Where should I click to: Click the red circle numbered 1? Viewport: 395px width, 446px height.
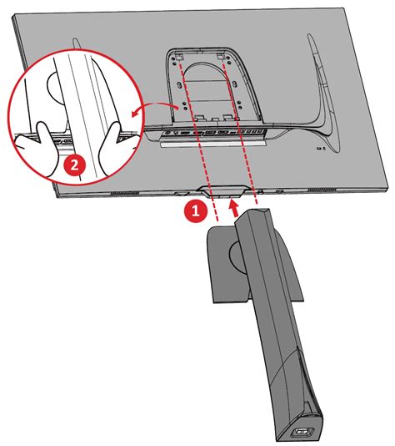195,211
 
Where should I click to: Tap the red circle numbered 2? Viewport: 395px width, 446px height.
74,165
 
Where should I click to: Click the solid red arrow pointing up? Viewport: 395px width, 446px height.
234,208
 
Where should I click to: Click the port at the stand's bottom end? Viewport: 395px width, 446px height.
302,433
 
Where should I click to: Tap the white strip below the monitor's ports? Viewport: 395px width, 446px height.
213,144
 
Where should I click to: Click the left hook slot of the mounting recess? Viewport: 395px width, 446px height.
179,57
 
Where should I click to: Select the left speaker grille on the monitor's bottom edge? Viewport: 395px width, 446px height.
125,193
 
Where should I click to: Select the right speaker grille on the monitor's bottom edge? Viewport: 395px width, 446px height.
322,190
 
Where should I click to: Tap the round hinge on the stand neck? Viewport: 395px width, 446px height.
237,254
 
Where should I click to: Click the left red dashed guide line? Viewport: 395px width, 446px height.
197,139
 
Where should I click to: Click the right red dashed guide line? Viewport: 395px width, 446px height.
240,131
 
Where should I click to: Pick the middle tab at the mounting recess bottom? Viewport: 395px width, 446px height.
215,119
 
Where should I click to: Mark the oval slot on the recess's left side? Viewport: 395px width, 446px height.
179,85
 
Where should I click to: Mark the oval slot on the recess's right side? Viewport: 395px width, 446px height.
235,84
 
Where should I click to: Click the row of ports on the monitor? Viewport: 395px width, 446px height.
215,132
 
